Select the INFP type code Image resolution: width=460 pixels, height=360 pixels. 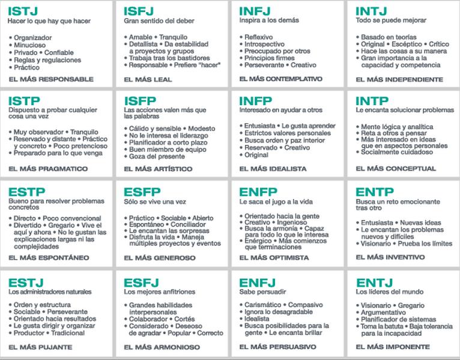click(x=255, y=101)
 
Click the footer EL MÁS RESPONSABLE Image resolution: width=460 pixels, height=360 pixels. click(x=51, y=79)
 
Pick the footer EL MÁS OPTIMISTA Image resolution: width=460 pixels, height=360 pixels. click(x=274, y=257)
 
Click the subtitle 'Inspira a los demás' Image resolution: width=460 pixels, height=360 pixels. click(x=269, y=20)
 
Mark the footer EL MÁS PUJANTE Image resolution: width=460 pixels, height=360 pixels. click(x=40, y=347)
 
